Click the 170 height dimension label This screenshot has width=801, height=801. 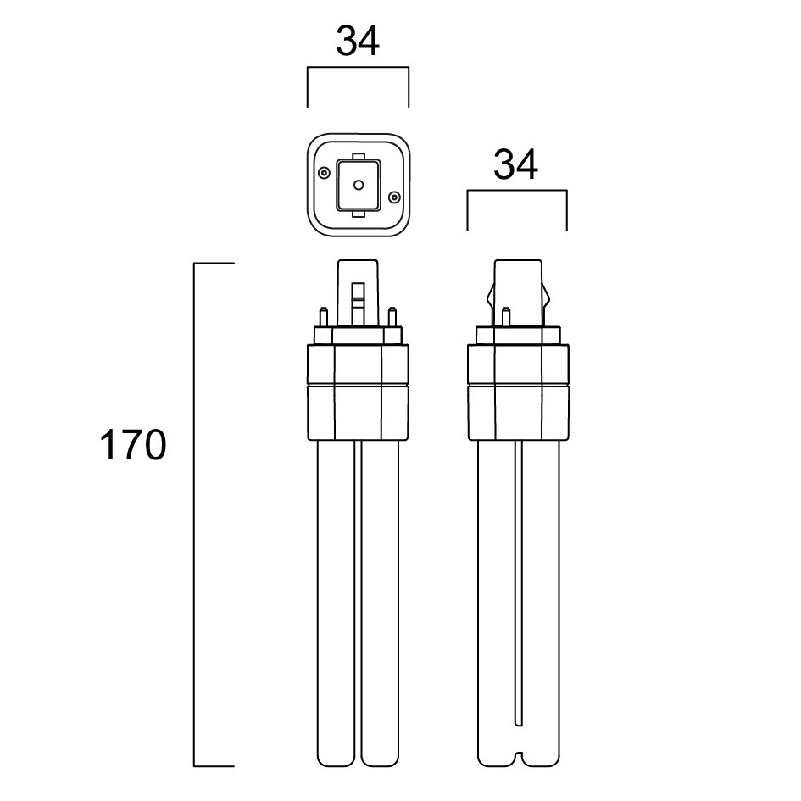point(133,446)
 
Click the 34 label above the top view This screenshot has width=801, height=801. point(358,42)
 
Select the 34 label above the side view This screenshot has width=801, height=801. point(515,165)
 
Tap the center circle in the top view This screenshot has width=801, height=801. point(359,185)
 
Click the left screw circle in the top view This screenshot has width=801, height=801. point(324,173)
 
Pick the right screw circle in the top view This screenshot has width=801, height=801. point(394,197)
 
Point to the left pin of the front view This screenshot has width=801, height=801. point(323,317)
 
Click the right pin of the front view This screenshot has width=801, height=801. point(392,317)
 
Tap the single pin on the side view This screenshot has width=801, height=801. point(506,317)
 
